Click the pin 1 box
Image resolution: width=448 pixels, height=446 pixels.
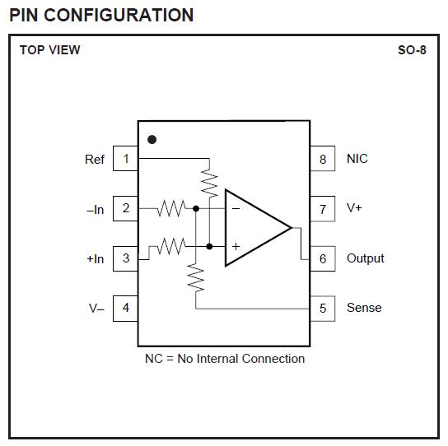(125, 158)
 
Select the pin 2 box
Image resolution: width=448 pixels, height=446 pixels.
(125, 208)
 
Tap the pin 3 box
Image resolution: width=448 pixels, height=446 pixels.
(125, 258)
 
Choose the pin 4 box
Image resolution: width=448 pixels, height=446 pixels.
(125, 308)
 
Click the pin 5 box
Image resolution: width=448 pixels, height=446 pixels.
(323, 308)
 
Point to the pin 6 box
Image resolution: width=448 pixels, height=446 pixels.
(323, 258)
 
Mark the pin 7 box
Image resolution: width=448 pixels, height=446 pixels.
(323, 208)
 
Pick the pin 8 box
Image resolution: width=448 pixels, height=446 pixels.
(323, 158)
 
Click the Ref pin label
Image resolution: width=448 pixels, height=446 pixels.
(95, 159)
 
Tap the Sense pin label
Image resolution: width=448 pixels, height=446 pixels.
(364, 308)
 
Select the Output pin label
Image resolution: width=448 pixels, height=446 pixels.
(365, 258)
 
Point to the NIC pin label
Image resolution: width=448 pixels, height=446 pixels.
(357, 158)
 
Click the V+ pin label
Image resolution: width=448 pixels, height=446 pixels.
(354, 208)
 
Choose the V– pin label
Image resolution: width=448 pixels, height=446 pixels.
(96, 308)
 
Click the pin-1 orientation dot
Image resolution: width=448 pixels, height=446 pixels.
(152, 139)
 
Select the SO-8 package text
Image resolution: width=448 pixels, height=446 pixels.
(412, 50)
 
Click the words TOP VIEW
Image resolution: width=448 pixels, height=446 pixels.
(50, 50)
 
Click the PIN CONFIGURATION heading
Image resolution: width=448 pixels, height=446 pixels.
(101, 15)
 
